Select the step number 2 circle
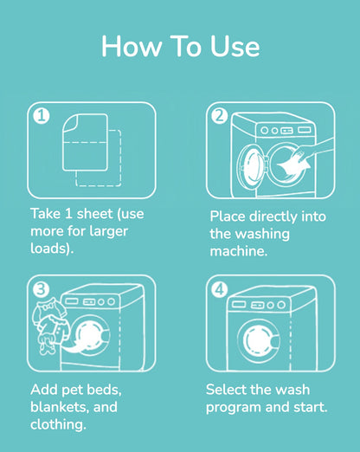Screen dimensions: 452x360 [219, 115]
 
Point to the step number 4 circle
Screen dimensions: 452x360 [219, 288]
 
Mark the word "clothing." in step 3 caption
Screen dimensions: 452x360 [60, 423]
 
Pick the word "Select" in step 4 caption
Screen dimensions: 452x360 [228, 389]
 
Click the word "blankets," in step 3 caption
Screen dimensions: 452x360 [62, 406]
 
